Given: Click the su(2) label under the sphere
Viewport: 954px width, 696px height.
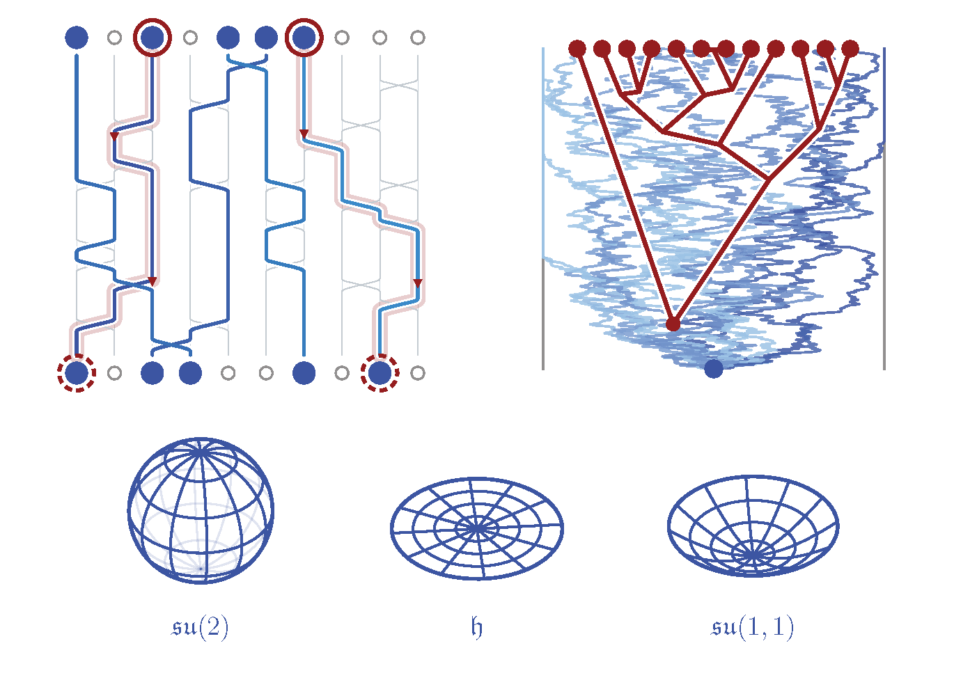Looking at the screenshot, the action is coord(200,628).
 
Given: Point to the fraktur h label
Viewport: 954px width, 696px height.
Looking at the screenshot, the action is coord(477,628).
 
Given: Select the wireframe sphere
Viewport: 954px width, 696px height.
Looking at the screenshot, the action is coord(201,511).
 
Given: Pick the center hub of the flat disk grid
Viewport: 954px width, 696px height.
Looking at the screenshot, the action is coord(477,529).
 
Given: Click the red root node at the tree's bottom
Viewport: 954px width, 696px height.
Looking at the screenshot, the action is coord(673,324).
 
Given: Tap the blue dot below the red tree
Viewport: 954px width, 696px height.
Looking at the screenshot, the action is coord(714,369).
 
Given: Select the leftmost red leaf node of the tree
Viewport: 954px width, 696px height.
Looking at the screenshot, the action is coord(577,49).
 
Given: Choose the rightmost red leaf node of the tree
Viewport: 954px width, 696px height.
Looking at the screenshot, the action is coord(850,49).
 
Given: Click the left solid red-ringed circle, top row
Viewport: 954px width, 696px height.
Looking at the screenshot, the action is coord(153,38).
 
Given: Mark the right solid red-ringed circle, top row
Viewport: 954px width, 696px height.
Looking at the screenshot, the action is coord(304,38).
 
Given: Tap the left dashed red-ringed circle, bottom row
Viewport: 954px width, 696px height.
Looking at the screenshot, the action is coord(77,373).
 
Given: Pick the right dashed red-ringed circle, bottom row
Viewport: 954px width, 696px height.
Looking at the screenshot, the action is coord(380,373).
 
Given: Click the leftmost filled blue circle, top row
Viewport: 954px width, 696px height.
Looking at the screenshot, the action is coord(77,38).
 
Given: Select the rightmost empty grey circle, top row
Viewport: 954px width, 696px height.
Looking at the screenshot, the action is coord(418,38).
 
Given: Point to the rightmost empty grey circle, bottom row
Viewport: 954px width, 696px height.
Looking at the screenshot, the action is coord(418,373).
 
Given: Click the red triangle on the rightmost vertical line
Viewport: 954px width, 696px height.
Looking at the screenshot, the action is coord(418,283).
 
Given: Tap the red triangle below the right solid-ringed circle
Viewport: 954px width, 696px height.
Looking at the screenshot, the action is coord(304,134).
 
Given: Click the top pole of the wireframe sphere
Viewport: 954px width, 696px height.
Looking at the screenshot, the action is coord(201,450).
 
